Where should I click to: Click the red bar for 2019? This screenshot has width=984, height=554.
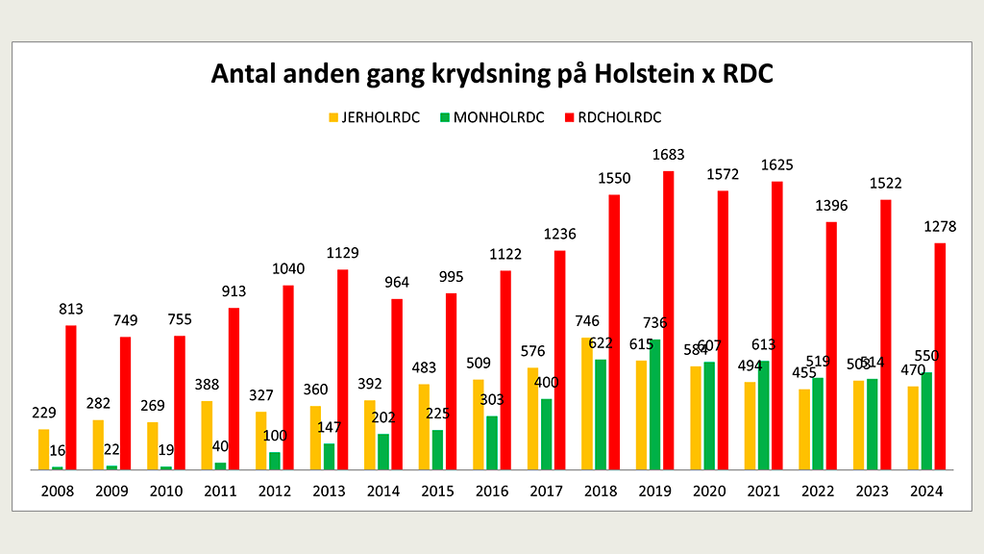668,320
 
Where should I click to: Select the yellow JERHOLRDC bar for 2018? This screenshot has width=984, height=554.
587,403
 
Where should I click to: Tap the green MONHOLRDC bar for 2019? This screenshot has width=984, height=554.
654,404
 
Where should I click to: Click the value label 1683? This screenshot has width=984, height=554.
668,154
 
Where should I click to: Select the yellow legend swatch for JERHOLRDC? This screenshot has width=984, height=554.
334,117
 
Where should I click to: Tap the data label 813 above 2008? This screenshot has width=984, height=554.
71,309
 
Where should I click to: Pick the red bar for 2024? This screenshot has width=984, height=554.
940,356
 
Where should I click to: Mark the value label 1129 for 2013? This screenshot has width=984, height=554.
342,253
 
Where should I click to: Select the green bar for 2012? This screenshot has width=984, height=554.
275,460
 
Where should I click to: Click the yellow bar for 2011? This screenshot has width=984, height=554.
207,435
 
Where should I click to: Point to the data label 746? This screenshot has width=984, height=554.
586,321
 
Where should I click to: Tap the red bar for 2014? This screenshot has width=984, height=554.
397,384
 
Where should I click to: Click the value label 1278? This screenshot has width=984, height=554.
940,226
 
